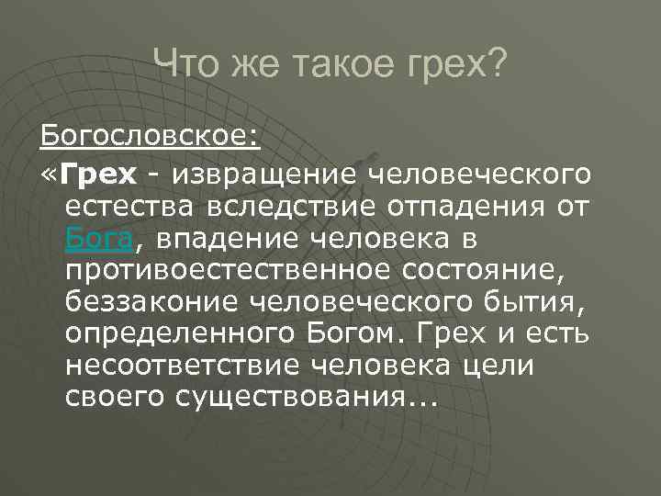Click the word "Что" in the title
tap(182, 65)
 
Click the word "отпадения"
tap(456, 207)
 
